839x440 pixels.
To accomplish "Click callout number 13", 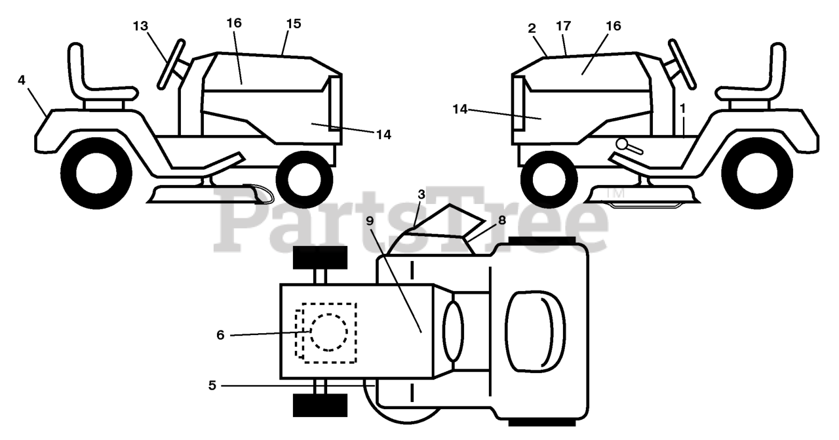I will click(x=140, y=26).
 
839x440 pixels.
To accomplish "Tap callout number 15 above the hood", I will click(x=293, y=24).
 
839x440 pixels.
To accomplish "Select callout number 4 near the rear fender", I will click(x=22, y=80).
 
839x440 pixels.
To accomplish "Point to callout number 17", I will click(x=563, y=26).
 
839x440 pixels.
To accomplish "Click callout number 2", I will click(x=532, y=28).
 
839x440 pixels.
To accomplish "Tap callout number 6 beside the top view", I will click(x=220, y=335).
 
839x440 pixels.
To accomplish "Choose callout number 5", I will click(x=212, y=386).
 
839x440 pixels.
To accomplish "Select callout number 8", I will click(x=501, y=221).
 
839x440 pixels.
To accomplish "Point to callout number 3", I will click(x=421, y=195).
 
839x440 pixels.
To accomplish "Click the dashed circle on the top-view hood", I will click(x=328, y=331).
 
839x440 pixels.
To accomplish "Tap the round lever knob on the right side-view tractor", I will click(x=622, y=144).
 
